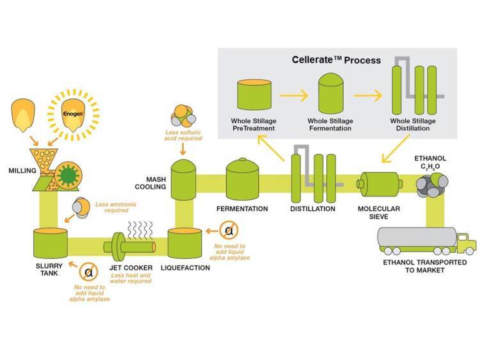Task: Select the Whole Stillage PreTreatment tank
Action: click(x=254, y=95)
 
